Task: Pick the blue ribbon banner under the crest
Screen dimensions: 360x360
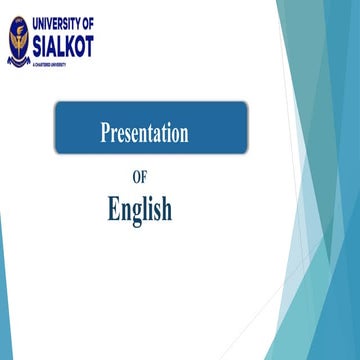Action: (19, 59)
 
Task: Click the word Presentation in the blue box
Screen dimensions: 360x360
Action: (144, 133)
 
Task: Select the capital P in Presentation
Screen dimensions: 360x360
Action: (105, 133)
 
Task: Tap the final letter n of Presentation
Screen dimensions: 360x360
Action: (184, 134)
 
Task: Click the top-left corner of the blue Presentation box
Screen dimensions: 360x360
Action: (56, 103)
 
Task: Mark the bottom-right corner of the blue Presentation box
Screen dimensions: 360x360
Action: (246, 153)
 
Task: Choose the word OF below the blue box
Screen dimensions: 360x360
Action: (125, 180)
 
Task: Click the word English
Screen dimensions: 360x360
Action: (139, 209)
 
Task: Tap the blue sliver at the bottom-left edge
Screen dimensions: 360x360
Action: (4, 320)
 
